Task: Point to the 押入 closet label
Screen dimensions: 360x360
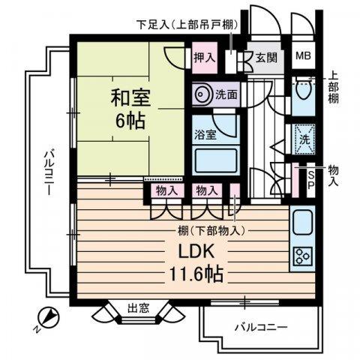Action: pyautogui.click(x=204, y=56)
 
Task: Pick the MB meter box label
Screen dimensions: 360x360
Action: pyautogui.click(x=304, y=55)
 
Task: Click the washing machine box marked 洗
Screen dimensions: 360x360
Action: pyautogui.click(x=304, y=139)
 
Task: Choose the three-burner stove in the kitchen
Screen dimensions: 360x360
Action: pyautogui.click(x=303, y=255)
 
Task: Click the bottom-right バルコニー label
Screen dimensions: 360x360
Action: pyautogui.click(x=259, y=327)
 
